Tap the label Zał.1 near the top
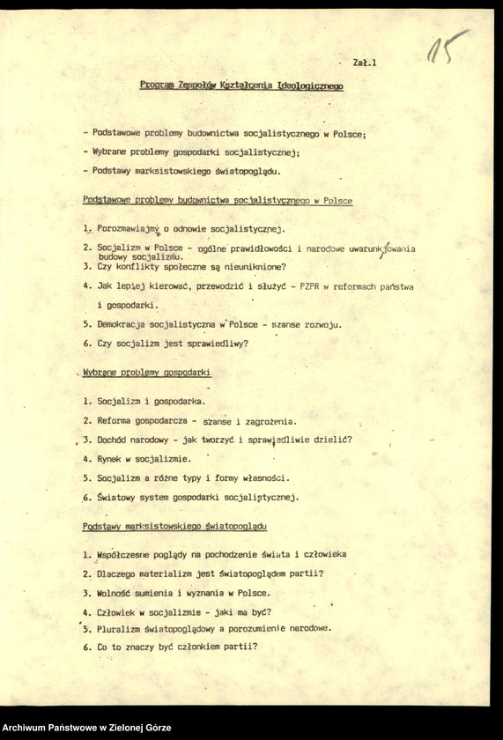[364, 63]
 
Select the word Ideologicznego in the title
[310, 86]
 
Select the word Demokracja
[127, 324]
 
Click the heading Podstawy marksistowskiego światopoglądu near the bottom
[175, 527]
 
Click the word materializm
[168, 574]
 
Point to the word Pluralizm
[122, 629]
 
